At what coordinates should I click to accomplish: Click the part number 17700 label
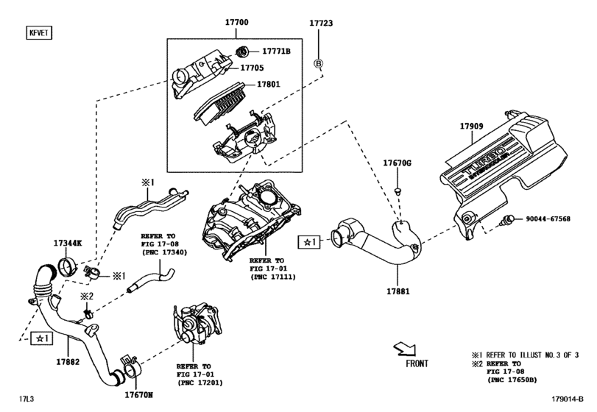tap(236, 22)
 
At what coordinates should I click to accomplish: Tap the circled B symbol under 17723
tap(318, 63)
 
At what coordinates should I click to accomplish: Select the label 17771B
tap(277, 51)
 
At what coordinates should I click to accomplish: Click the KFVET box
tap(39, 32)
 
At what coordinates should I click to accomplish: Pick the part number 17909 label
tap(471, 127)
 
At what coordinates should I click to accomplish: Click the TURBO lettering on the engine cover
tap(484, 161)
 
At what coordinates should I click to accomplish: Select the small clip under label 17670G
tap(398, 191)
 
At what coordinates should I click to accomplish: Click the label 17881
tap(398, 291)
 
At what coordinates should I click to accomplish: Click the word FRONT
tap(417, 363)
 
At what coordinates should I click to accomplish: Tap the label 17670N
tap(138, 395)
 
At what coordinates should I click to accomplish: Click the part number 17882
tap(68, 362)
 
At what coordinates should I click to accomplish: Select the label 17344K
tap(68, 243)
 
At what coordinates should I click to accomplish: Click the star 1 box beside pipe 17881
tap(308, 242)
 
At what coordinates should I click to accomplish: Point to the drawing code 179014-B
tap(568, 399)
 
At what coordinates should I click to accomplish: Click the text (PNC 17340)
tap(164, 252)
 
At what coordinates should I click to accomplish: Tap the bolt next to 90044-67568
tap(508, 219)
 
